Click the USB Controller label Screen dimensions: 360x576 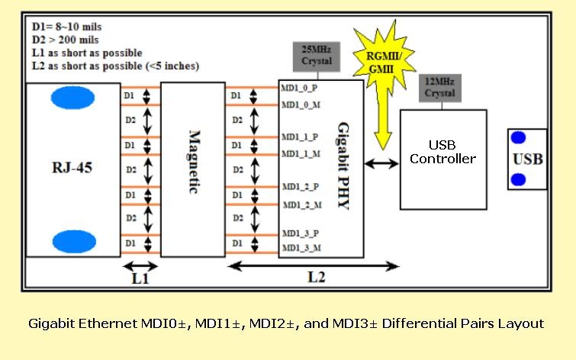click(442, 152)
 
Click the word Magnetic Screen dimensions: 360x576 click(193, 162)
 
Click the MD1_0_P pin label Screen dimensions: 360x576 click(298, 88)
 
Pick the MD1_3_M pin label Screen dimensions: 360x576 click(301, 249)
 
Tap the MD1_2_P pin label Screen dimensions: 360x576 click(301, 186)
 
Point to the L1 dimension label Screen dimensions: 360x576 click(140, 279)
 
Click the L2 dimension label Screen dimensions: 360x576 click(316, 278)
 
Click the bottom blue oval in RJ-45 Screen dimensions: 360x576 click(73, 242)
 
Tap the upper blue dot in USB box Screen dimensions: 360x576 click(518, 138)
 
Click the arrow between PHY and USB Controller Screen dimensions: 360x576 click(381, 163)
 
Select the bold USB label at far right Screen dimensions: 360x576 click(528, 159)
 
